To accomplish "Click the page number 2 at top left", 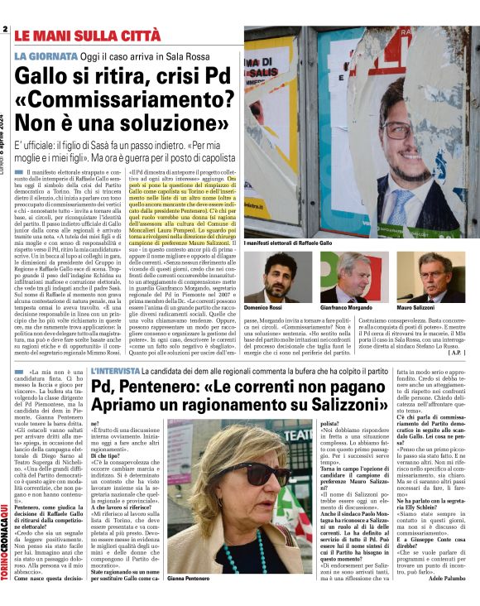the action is (x=5, y=30).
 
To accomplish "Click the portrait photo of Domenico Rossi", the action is (x=276, y=277).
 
